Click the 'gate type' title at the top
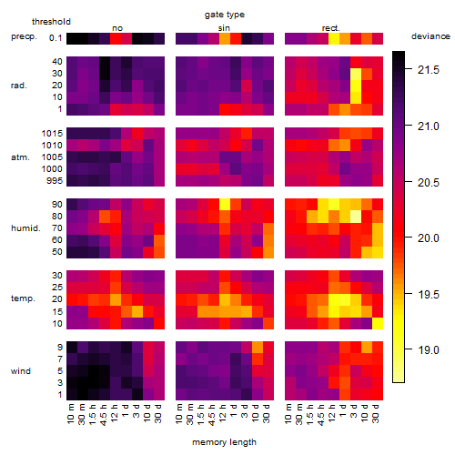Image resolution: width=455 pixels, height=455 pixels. [225, 15]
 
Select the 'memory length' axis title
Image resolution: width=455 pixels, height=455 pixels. [224, 442]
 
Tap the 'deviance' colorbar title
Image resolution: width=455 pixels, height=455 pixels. [430, 36]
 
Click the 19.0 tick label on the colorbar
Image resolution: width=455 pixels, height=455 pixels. [429, 350]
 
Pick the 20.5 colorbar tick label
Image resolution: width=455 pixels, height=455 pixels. [429, 182]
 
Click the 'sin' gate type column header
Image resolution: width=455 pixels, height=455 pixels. [224, 28]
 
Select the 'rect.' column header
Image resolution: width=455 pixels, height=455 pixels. [331, 28]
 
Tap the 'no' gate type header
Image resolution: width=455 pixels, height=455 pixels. [117, 28]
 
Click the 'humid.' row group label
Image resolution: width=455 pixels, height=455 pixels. [25, 228]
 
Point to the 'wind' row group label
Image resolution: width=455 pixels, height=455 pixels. [21, 371]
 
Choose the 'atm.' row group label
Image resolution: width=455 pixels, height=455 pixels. [20, 157]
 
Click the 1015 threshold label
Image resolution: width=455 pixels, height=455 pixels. [52, 134]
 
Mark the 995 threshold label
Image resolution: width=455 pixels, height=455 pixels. [55, 181]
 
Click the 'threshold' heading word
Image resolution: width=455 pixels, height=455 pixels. [51, 22]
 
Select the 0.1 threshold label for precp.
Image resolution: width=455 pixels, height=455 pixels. [56, 38]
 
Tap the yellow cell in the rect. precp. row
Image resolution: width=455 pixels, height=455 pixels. [334, 38]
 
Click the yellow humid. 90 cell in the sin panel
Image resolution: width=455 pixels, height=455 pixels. [225, 205]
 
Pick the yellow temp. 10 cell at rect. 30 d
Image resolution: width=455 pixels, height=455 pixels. [378, 323]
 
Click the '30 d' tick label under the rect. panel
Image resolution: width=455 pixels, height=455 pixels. [376, 413]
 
